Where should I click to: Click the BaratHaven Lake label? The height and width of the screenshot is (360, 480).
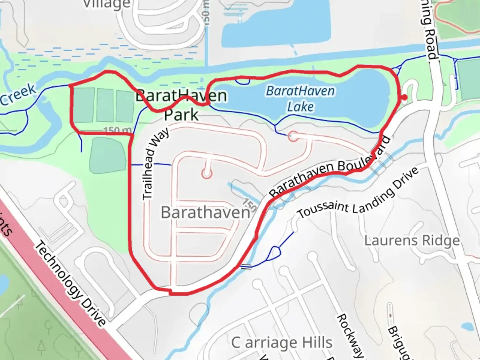tap(300, 99)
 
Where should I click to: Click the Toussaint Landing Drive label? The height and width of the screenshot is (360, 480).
tap(358, 194)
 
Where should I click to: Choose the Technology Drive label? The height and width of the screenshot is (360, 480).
tap(70, 283)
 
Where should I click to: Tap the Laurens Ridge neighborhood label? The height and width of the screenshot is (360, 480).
tap(412, 240)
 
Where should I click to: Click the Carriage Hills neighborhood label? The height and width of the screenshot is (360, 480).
tap(282, 342)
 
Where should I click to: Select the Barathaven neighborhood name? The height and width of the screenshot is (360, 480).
tap(205, 212)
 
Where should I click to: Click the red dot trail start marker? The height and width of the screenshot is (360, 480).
tap(404, 97)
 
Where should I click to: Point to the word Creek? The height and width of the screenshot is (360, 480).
tap(18, 94)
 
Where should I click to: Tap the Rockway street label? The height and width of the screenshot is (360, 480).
tap(350, 335)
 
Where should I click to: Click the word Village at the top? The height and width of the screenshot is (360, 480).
tap(107, 4)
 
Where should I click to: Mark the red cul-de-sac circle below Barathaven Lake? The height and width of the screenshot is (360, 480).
tap(293, 136)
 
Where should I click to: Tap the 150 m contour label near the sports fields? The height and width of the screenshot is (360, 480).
tap(117, 130)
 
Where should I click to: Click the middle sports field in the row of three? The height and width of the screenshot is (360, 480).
tap(106, 105)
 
